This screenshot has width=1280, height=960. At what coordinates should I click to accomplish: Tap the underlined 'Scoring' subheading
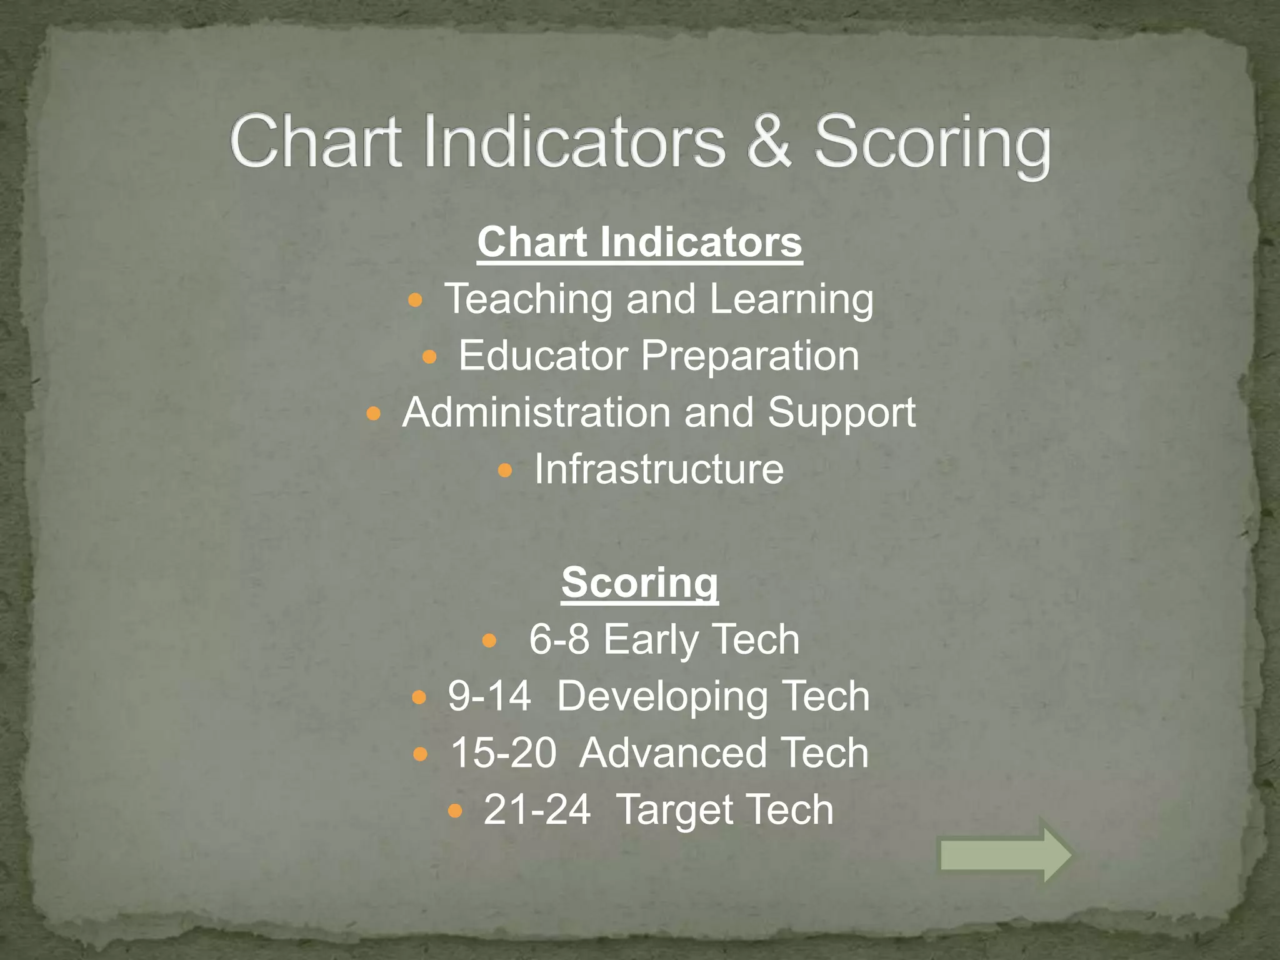[639, 583]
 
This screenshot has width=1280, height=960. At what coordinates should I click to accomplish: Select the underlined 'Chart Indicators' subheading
[639, 242]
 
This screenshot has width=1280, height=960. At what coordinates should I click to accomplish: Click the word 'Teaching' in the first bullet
[528, 300]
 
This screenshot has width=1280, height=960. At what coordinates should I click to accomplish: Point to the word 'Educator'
[543, 356]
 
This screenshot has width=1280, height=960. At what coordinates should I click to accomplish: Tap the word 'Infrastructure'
[659, 469]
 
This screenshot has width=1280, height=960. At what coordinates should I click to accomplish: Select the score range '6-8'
[559, 639]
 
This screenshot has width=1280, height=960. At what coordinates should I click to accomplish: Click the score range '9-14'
[489, 696]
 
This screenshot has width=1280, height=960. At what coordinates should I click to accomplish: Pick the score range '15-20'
[503, 753]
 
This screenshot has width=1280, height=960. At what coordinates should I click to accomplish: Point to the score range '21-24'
[537, 810]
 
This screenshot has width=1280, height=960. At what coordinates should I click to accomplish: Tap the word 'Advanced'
[672, 753]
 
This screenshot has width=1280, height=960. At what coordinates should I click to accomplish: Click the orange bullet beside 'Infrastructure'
[505, 470]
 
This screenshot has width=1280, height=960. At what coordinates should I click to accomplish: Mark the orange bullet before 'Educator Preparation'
[429, 357]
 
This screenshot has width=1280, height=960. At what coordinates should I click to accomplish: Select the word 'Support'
[841, 414]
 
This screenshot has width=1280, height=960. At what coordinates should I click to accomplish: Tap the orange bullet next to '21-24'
[455, 811]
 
